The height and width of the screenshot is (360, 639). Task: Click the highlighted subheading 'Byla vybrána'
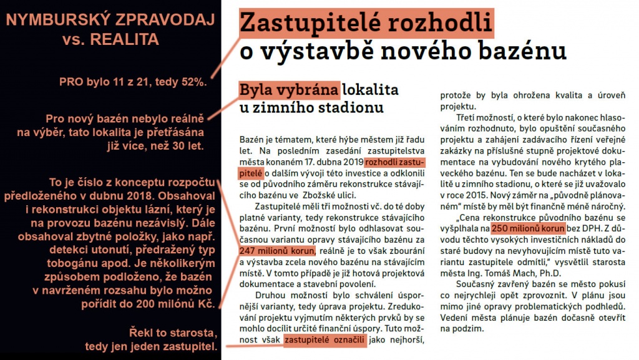point(290,90)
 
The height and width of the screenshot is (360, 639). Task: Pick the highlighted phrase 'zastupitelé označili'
point(324,340)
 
